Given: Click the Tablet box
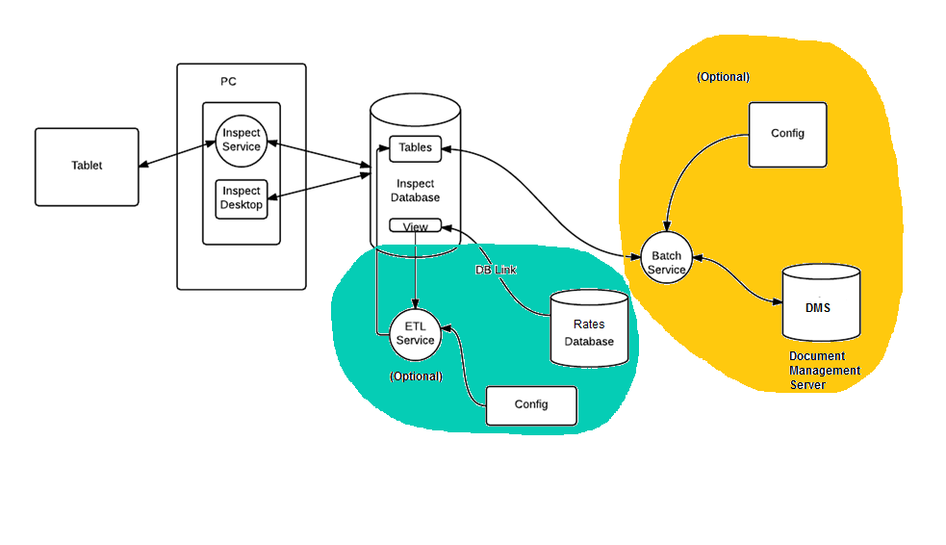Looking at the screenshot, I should pos(87,167).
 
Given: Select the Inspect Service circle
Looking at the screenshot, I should pos(241,141).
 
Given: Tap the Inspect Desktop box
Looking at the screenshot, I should pos(241,198).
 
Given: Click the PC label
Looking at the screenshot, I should pos(228,82).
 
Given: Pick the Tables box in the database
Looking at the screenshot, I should pos(415,148).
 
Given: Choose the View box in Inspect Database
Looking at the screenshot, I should pos(415,226).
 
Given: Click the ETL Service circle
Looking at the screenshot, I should pos(415,333).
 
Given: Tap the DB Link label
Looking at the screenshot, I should pos(496,271).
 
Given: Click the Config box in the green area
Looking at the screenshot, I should pos(530,405).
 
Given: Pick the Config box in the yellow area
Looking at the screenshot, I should pos(787,134).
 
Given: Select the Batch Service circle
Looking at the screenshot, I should pos(666,262).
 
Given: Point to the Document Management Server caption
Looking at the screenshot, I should pos(825,371).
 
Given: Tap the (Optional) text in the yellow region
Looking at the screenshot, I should pos(723,76).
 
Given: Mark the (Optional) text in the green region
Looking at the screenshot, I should pos(416,376).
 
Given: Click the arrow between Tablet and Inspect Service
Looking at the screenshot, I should pos(175,155).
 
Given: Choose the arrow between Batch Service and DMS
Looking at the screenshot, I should pos(736,279).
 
